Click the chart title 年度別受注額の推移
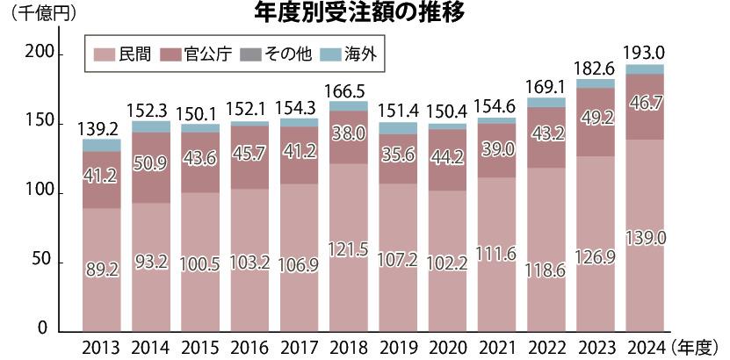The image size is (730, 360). [358, 12]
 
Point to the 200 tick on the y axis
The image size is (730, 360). [40, 54]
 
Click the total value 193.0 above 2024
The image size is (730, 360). [645, 52]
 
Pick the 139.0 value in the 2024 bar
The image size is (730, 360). [645, 237]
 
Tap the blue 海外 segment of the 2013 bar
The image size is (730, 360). [102, 145]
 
